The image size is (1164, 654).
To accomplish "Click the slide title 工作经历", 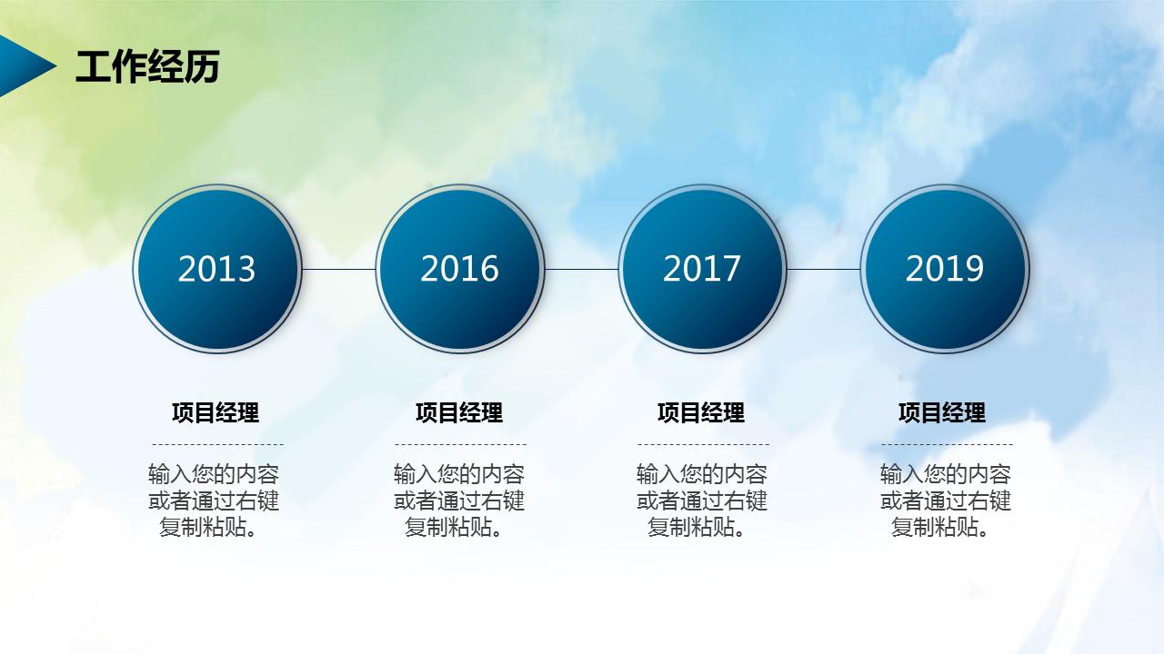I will click(x=147, y=67).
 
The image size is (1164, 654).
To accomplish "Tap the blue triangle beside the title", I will click(x=23, y=66).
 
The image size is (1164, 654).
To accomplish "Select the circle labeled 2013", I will click(x=216, y=269).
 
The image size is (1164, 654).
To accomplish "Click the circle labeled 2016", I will click(x=459, y=269).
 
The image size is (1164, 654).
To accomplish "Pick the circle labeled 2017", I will click(x=701, y=269).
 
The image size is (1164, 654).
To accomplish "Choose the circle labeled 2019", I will click(x=944, y=269).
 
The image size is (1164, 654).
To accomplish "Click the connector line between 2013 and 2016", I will click(x=337, y=269).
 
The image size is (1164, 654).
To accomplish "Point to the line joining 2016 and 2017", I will click(x=580, y=269).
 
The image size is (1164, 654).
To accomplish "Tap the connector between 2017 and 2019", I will click(x=823, y=269).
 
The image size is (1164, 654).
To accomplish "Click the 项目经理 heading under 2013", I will click(x=216, y=412).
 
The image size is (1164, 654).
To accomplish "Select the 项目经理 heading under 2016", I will click(x=459, y=412).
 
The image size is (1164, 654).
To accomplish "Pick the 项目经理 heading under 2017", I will click(x=701, y=412).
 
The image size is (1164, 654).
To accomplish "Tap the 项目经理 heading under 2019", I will click(x=942, y=412).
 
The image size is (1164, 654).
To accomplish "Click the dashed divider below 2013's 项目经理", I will click(x=217, y=445).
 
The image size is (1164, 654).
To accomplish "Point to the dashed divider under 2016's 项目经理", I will click(x=460, y=445).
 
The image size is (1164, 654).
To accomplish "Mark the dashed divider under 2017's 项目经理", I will click(x=703, y=445).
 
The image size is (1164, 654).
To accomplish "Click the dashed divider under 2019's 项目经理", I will click(x=947, y=445).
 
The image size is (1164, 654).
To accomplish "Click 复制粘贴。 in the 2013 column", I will click(x=208, y=527).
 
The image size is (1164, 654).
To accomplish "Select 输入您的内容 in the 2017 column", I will click(x=702, y=474).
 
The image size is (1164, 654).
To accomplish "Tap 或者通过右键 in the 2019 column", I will click(x=946, y=500).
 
